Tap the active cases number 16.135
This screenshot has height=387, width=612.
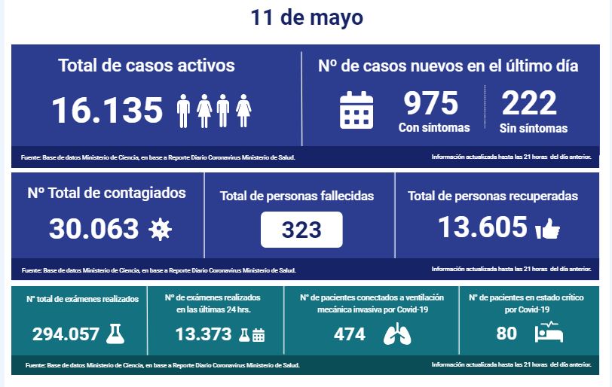(107, 111)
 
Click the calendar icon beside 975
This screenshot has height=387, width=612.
(356, 110)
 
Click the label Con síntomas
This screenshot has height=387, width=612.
(434, 127)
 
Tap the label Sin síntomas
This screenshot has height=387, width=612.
(534, 127)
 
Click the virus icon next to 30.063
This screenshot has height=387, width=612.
(158, 229)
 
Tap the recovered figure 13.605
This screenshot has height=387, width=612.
(482, 227)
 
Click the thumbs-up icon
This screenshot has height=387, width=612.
(547, 230)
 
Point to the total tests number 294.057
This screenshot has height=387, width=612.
(66, 334)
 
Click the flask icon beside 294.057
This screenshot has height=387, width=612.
(115, 334)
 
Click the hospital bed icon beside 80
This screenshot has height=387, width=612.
(549, 334)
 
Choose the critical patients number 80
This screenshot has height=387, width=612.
(506, 334)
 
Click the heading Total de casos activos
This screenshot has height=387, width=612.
(146, 66)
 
